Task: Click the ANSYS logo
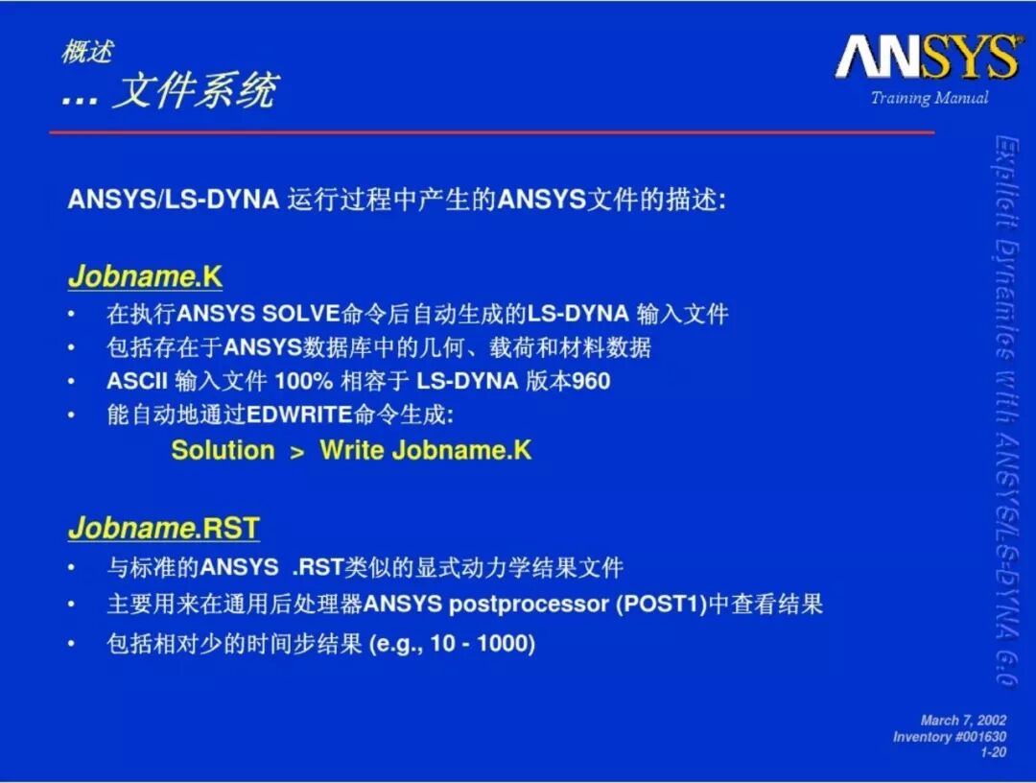coord(929,57)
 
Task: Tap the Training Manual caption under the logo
coord(929,98)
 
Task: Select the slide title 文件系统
coord(196,90)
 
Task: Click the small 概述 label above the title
coord(87,52)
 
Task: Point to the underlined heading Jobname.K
coord(146,275)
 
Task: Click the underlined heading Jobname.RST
coord(164,528)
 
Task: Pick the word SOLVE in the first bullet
coord(301,313)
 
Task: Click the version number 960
coord(591,381)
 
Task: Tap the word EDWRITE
coord(299,415)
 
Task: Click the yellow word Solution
coord(223,450)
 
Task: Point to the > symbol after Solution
coord(297,452)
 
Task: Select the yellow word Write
coord(352,450)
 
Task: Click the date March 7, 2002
coord(963,721)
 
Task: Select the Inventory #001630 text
coord(950,737)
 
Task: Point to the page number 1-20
coord(993,752)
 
